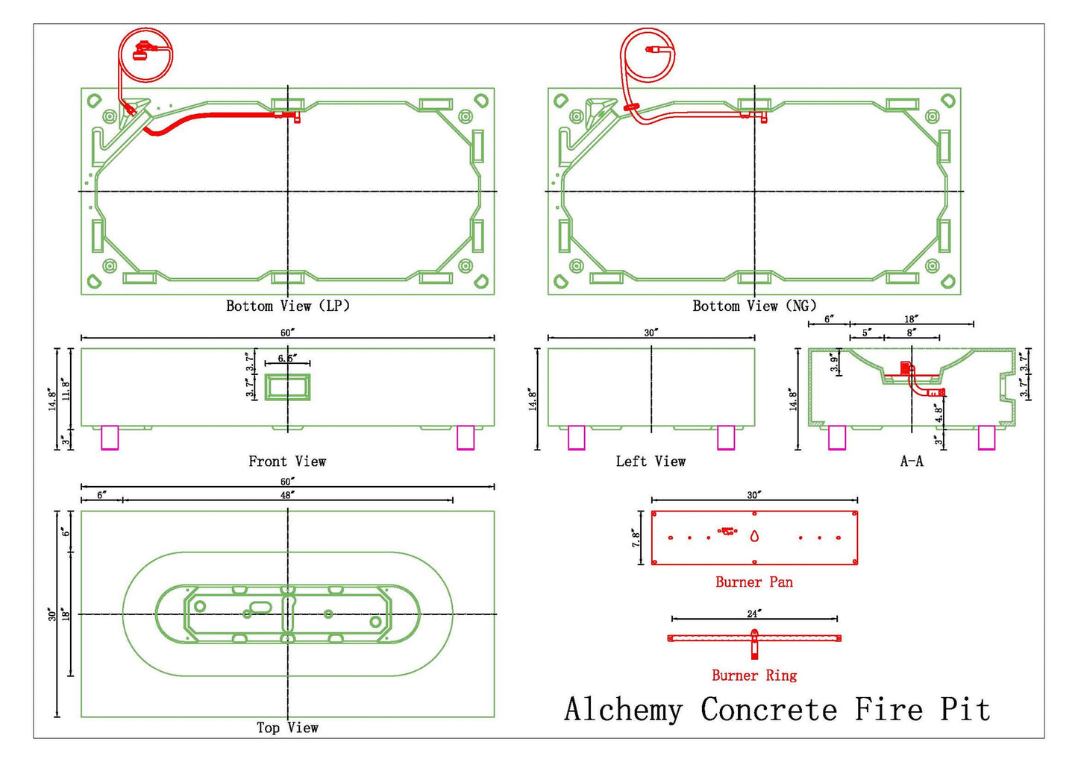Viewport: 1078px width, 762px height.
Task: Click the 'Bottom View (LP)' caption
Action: pos(288,306)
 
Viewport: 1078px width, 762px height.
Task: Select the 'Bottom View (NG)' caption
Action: pos(755,306)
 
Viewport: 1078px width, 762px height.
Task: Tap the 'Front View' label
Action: pos(287,462)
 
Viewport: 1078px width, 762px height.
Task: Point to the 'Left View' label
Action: pos(651,462)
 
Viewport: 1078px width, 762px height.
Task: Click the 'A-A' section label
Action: pos(912,462)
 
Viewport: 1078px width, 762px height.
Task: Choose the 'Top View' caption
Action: pos(287,728)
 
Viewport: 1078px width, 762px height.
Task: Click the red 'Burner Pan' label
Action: pos(754,582)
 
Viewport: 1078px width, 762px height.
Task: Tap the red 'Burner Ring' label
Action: pos(754,676)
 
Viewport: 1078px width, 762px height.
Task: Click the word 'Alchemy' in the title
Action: pos(623,709)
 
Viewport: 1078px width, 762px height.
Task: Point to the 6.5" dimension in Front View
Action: pos(287,359)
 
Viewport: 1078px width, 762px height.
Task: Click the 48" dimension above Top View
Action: pos(287,495)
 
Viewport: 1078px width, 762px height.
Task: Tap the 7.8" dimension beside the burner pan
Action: pos(636,539)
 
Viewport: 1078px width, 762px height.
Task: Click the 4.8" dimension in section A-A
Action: pos(939,414)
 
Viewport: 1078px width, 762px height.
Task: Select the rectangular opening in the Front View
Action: pos(287,387)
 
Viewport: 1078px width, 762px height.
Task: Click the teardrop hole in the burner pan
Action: pos(754,536)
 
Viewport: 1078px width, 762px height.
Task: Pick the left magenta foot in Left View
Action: pos(577,438)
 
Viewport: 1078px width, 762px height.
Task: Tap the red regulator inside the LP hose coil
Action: pos(142,51)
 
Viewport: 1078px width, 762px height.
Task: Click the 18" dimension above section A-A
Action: pos(911,319)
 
